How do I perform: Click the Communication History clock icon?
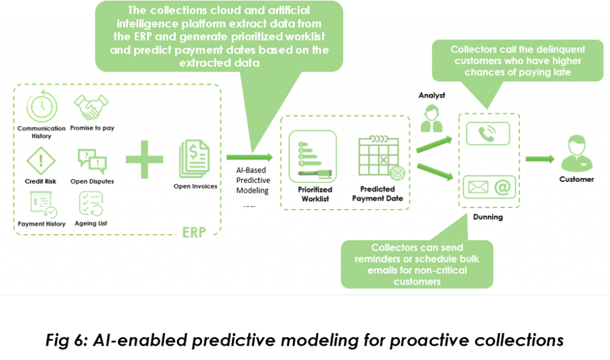(x=41, y=107)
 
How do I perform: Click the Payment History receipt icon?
(x=41, y=205)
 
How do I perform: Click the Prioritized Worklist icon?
(x=312, y=156)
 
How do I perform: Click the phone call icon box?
(x=488, y=134)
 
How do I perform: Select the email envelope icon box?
(x=488, y=187)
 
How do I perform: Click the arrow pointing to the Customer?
(x=540, y=159)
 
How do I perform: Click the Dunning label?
(x=488, y=217)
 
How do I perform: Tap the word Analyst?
(x=432, y=95)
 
